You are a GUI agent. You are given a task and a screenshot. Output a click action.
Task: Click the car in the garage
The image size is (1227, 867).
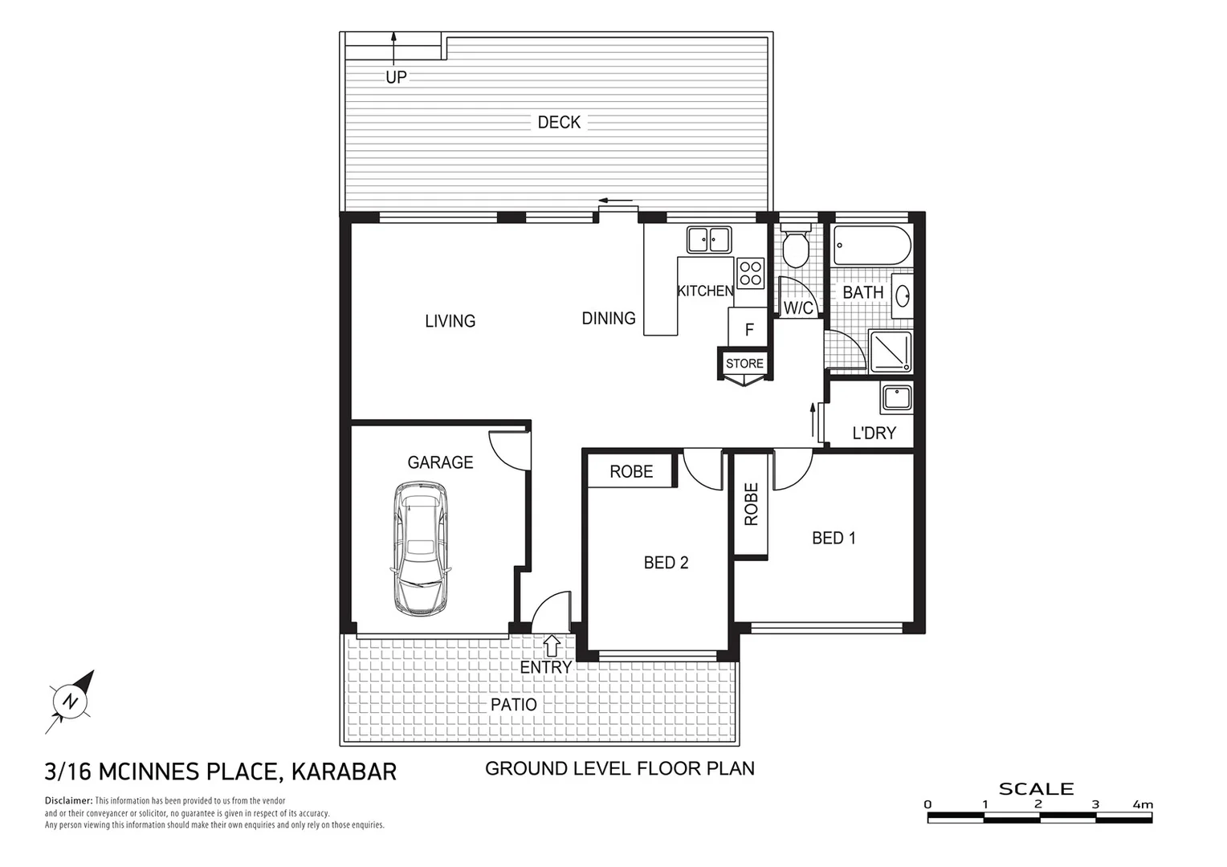[419, 548]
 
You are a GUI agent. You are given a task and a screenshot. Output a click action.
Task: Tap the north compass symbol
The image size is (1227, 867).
[71, 701]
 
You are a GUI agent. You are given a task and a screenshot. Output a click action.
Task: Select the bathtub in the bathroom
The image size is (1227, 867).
[872, 246]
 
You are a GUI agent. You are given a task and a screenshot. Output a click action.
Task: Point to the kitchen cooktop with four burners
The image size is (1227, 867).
[751, 273]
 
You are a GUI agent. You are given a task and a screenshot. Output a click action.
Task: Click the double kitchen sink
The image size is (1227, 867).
[708, 238]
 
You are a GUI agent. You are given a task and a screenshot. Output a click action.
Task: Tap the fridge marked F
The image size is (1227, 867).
[748, 329]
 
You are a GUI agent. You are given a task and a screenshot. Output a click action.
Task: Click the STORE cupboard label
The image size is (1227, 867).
[744, 364]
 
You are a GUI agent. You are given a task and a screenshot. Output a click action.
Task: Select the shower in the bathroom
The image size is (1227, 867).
[891, 352]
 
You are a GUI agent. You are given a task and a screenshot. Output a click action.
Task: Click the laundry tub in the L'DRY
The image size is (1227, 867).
[896, 399]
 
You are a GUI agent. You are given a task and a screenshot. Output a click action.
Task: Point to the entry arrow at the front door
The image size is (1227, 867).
[552, 644]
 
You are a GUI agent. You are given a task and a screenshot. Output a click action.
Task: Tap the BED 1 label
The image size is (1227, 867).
[834, 538]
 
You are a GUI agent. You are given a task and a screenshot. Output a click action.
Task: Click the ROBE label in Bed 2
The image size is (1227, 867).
[631, 471]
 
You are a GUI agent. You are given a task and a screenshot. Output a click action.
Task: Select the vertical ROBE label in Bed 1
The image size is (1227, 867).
[751, 504]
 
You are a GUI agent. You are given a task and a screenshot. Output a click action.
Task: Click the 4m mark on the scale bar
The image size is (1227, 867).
[1142, 804]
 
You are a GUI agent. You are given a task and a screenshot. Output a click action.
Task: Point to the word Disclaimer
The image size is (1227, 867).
[68, 801]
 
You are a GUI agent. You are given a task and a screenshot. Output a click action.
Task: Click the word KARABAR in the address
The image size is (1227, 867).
[344, 771]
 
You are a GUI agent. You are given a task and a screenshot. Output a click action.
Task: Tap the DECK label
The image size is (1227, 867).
[559, 122]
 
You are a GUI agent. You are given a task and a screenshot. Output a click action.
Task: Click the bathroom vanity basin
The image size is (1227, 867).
[902, 295]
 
